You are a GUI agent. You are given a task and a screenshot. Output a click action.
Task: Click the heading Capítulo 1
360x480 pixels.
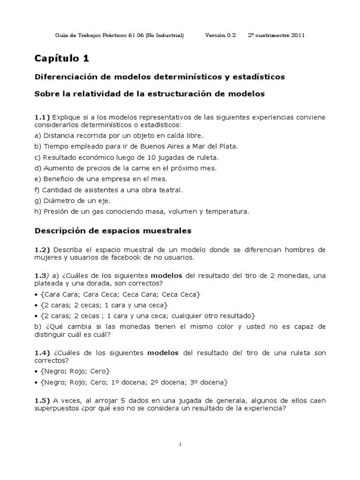tap(61, 59)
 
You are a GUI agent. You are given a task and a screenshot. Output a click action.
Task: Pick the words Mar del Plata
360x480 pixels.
tap(217, 146)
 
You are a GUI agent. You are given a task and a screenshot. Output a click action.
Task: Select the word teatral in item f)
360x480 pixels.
tap(171, 190)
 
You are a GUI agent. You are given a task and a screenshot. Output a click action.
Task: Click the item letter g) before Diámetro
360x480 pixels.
tap(38, 201)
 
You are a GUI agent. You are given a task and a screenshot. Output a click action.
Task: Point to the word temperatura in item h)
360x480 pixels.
tap(227, 211)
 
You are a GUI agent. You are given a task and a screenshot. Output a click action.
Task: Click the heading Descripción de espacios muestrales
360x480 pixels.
tap(113, 231)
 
